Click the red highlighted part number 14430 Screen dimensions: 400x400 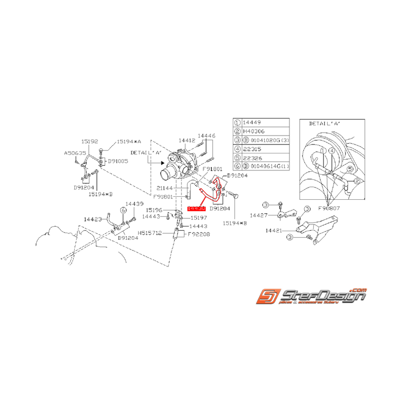click(x=196, y=208)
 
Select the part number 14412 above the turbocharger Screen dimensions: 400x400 click(x=187, y=140)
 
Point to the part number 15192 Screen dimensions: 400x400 click(x=90, y=140)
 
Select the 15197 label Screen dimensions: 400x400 click(x=199, y=218)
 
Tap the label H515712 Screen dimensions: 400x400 click(x=150, y=233)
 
